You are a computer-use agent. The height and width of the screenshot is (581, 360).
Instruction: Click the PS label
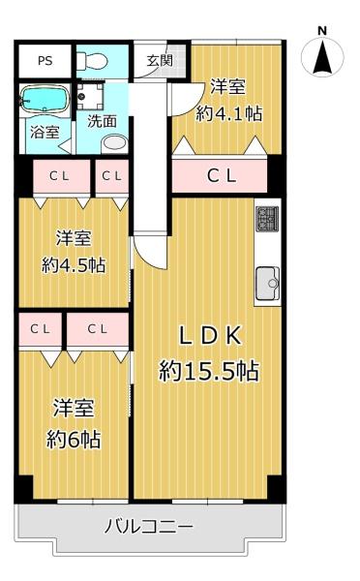tap(45, 60)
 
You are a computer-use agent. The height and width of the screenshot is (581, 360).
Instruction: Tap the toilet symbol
tap(92, 60)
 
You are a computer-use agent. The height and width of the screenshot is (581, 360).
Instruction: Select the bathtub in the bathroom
tap(45, 99)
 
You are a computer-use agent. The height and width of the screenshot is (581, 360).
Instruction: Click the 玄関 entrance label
tap(160, 60)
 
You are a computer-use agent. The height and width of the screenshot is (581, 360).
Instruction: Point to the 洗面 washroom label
tap(102, 121)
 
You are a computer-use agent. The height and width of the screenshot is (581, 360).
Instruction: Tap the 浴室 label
tap(45, 133)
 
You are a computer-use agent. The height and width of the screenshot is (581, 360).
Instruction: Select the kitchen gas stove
tap(267, 219)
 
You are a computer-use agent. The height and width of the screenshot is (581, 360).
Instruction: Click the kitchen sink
tap(267, 283)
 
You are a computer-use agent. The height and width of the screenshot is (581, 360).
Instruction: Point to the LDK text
tap(210, 336)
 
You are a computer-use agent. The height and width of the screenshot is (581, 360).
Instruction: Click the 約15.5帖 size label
tap(208, 371)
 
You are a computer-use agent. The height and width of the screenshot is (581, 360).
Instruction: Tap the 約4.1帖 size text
tap(228, 113)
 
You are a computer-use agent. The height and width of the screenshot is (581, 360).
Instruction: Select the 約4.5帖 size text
tap(74, 265)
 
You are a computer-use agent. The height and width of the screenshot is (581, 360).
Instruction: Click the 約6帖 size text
tap(74, 440)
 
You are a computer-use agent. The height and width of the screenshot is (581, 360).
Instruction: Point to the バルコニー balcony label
tap(148, 527)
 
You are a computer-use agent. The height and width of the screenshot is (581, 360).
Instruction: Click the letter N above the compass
tap(322, 31)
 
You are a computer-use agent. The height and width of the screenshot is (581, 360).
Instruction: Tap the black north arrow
tap(322, 57)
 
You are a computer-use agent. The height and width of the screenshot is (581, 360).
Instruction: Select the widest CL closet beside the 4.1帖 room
tap(220, 176)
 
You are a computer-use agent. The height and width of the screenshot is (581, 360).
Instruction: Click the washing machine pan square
tap(90, 96)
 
